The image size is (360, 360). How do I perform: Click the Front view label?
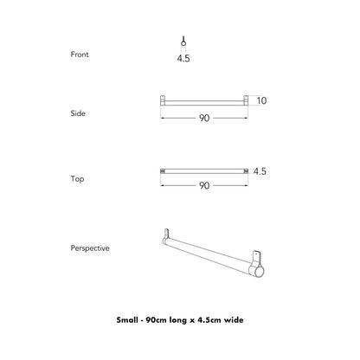click(80, 54)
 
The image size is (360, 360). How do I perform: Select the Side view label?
click(78, 113)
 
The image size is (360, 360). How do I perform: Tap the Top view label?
click(77, 179)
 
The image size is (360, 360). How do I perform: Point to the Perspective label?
click(90, 247)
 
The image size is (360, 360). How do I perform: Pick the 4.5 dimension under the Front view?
click(183, 61)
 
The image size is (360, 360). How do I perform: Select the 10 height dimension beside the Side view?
click(261, 100)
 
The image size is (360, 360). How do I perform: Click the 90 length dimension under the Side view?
click(204, 118)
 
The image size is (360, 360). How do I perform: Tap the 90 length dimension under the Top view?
click(204, 185)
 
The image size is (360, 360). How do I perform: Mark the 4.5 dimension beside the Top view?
click(260, 171)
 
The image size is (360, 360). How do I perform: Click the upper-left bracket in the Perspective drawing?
click(167, 235)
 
